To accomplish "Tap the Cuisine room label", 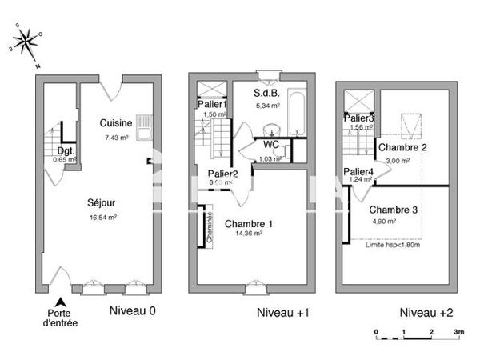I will pyautogui.click(x=116, y=123).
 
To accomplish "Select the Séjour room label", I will pyautogui.click(x=102, y=202).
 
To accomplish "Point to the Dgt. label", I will pyautogui.click(x=66, y=150).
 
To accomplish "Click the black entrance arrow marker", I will pyautogui.click(x=58, y=301).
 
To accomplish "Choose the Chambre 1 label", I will pyautogui.click(x=248, y=223).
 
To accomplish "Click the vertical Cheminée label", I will pyautogui.click(x=210, y=226).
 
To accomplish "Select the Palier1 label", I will pyautogui.click(x=212, y=104).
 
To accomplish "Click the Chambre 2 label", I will pyautogui.click(x=402, y=148).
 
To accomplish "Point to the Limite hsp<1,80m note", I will pyautogui.click(x=392, y=245).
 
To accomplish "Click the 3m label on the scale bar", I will pyautogui.click(x=459, y=330).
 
